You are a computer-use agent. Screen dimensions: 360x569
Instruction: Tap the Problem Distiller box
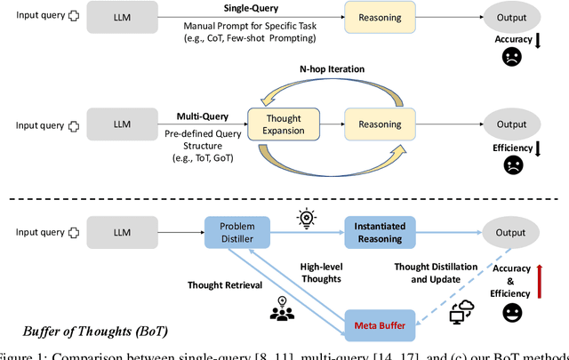click(x=238, y=233)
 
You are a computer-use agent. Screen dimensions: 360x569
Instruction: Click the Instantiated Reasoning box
click(x=381, y=233)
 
